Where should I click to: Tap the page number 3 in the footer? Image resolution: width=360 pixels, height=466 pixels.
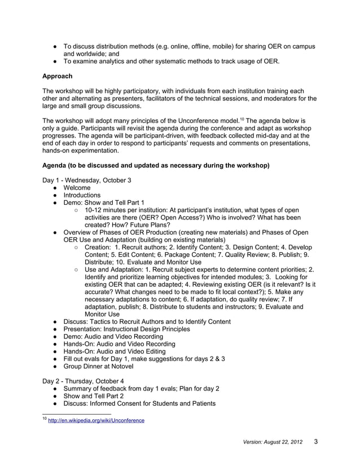coord(316,442)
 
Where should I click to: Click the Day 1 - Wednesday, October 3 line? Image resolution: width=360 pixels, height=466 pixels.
coord(87,180)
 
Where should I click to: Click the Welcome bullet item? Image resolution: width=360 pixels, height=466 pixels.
coord(77,188)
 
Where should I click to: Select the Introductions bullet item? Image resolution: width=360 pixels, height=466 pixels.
coord(82,195)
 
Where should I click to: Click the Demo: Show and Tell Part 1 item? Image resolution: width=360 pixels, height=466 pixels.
coord(104,203)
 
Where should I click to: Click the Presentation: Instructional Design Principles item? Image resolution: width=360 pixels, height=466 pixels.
coord(135,329)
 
